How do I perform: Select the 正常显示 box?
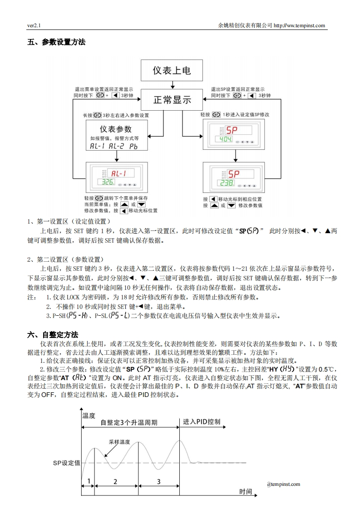(171, 100)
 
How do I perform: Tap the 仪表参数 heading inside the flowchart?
(115, 129)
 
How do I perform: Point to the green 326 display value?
(108, 182)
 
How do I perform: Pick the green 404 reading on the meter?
(224, 139)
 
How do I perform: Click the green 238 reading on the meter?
(226, 183)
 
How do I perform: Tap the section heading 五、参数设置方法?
(56, 42)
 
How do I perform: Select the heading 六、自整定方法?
(53, 335)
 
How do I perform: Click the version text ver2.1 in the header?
(35, 25)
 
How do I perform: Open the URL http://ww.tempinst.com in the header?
(300, 25)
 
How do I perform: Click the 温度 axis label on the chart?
(89, 415)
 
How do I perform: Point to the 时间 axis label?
(246, 491)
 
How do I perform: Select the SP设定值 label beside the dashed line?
(66, 463)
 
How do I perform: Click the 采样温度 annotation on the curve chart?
(119, 441)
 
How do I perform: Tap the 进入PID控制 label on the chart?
(202, 421)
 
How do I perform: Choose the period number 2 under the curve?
(115, 481)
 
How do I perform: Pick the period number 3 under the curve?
(158, 481)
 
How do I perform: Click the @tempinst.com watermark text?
(283, 484)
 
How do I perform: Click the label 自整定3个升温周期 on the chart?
(129, 422)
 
